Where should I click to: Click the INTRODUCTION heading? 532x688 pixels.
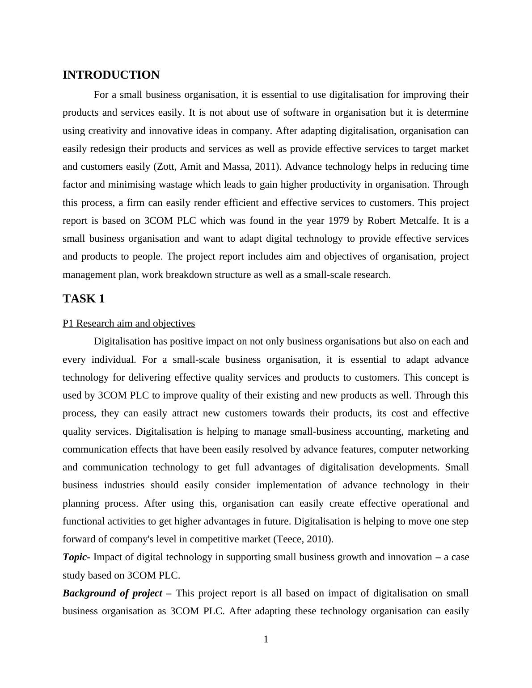click(111, 75)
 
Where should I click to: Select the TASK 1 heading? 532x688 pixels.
click(84, 299)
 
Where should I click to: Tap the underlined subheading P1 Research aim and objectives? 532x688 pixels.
click(129, 323)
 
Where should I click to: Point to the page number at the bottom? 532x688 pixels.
click(266, 639)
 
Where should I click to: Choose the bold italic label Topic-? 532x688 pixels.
click(76, 557)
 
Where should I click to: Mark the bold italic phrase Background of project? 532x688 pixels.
click(112, 593)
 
